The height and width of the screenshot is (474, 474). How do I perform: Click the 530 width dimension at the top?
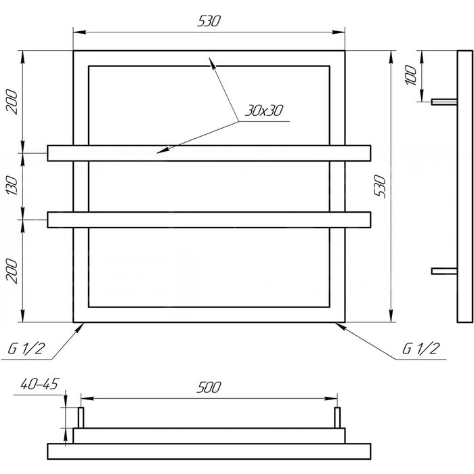tap(209, 21)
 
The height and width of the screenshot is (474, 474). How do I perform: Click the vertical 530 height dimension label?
tap(380, 186)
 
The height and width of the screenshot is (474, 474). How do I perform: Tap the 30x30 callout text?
tap(264, 110)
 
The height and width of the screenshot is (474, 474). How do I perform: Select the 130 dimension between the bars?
tap(12, 186)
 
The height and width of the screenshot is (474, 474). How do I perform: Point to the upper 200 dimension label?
tap(12, 102)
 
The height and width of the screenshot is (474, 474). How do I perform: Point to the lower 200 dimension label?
tap(12, 271)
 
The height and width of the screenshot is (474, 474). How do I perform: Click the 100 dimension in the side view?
tap(410, 75)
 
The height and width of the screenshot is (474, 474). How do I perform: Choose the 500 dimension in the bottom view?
tap(209, 387)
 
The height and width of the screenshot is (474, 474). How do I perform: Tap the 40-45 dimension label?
tap(39, 384)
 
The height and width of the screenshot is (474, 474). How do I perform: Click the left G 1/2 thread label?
tap(26, 349)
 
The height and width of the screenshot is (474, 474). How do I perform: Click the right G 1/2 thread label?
tap(421, 349)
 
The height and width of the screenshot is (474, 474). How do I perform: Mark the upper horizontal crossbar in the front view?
tap(209, 153)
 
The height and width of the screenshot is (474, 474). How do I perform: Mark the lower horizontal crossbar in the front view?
tap(209, 220)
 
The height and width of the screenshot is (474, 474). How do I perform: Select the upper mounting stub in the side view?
tap(444, 102)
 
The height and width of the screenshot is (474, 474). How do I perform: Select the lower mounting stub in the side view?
tap(444, 271)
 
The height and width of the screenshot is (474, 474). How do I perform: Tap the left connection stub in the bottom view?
tap(81, 418)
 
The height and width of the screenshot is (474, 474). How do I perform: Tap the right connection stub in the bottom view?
tap(337, 418)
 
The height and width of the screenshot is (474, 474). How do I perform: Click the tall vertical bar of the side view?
tap(465, 186)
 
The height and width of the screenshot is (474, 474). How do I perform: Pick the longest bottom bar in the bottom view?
tap(209, 452)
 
